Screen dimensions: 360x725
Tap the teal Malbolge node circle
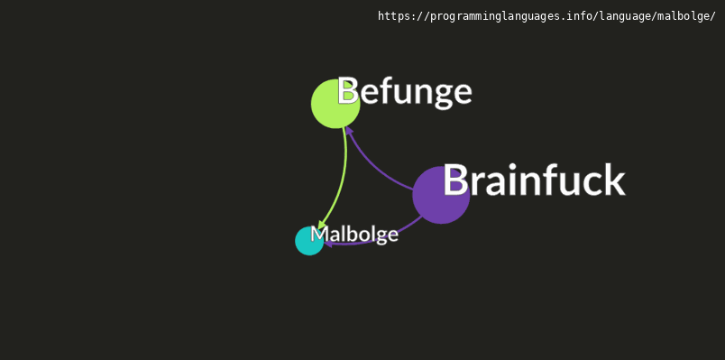(x=307, y=243)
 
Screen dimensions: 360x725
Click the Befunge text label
(x=404, y=92)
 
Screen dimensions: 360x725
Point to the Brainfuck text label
(x=533, y=180)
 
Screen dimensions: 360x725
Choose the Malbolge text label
(x=354, y=235)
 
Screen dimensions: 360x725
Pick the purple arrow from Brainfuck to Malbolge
(x=379, y=237)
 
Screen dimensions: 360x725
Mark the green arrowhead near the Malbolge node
(x=322, y=225)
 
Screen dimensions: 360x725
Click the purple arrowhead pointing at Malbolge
(x=330, y=243)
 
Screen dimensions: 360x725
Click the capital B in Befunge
(x=348, y=92)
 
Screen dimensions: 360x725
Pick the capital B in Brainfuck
(x=455, y=180)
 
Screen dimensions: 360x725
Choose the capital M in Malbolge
(x=318, y=235)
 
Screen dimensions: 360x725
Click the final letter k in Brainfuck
(x=613, y=180)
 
